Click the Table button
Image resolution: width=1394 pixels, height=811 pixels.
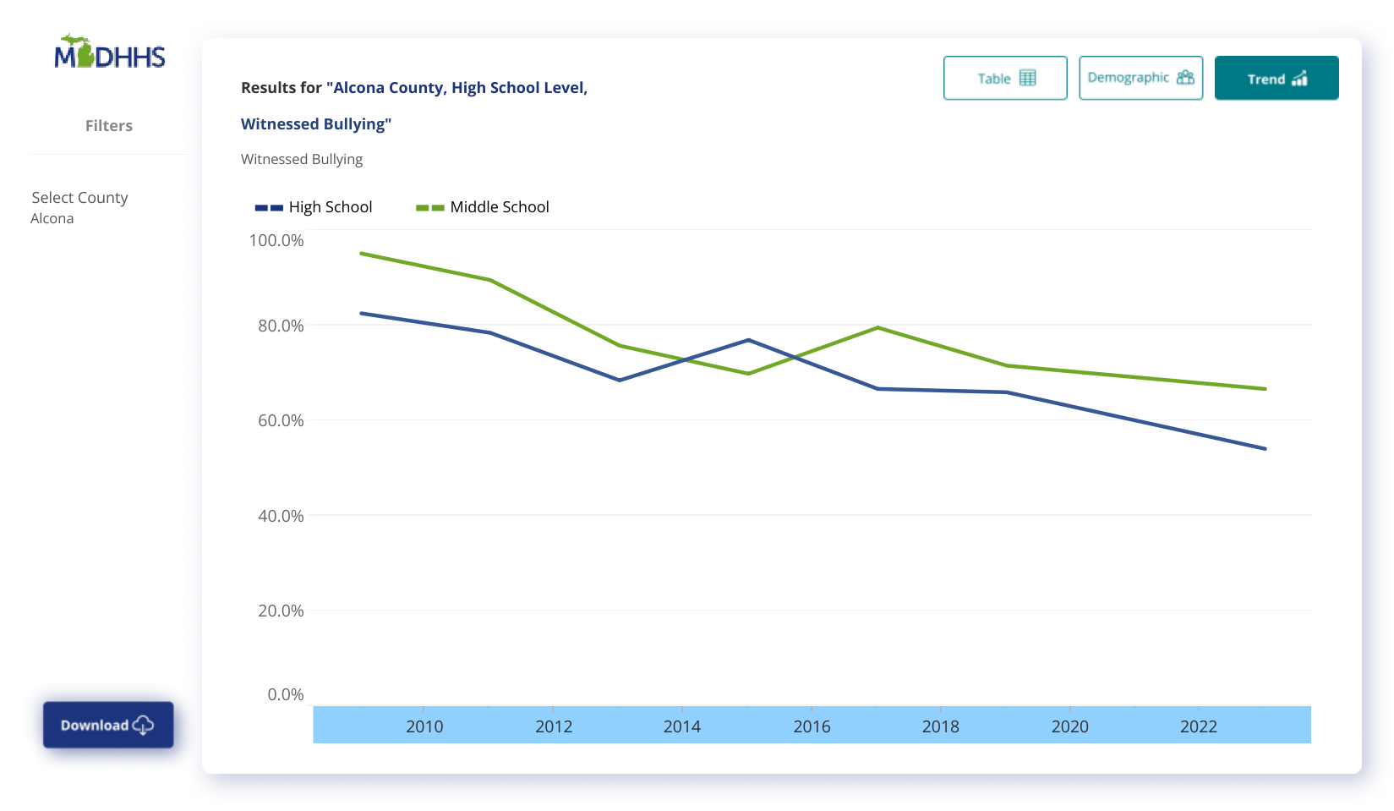[1005, 78]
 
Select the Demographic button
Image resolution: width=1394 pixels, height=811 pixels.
[1140, 78]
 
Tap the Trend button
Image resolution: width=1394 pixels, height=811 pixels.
[1276, 78]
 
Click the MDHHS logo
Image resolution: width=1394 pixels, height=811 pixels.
[110, 53]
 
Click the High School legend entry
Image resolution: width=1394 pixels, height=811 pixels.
[314, 207]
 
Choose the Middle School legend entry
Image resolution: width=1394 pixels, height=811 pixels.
[483, 207]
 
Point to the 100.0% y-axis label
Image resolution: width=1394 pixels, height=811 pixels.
[276, 240]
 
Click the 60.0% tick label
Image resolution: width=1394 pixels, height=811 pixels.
[281, 420]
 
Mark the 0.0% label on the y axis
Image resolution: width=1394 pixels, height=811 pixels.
[286, 694]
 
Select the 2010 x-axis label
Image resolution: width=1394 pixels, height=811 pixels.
[424, 726]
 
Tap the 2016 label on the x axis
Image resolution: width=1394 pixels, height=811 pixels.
[812, 726]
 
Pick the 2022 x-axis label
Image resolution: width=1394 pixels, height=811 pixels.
[1199, 726]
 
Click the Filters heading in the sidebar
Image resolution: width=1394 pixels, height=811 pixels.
[109, 125]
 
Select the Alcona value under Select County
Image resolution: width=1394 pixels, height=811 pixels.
[52, 218]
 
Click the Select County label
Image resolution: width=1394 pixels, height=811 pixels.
[79, 197]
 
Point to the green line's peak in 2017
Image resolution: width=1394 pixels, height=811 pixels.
[878, 327]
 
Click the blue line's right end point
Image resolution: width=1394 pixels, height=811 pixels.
[1266, 449]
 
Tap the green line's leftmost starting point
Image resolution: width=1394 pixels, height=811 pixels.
[361, 253]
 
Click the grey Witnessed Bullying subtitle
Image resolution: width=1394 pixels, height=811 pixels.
[302, 159]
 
